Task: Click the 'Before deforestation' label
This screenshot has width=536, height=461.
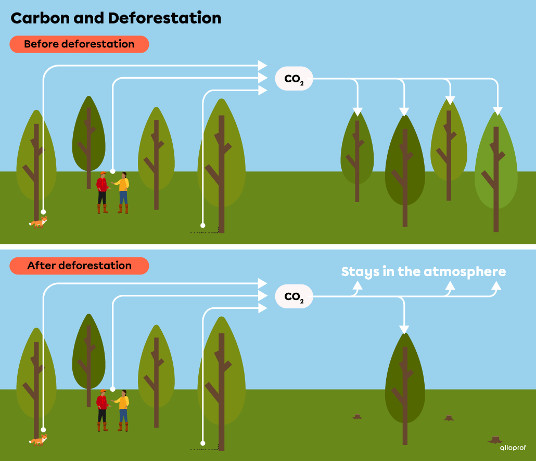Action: pyautogui.click(x=79, y=44)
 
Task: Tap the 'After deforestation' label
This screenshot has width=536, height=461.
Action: pyautogui.click(x=79, y=266)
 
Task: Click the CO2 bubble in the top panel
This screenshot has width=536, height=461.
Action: pyautogui.click(x=293, y=79)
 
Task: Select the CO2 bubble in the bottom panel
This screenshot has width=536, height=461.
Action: pyautogui.click(x=293, y=297)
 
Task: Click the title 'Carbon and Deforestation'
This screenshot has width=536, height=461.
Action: pyautogui.click(x=116, y=18)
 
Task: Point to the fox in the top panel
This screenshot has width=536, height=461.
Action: pyautogui.click(x=38, y=223)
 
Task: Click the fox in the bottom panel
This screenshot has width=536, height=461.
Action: pyautogui.click(x=38, y=441)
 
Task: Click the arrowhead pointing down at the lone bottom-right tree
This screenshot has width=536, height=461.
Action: pyautogui.click(x=404, y=329)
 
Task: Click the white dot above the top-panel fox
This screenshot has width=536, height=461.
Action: pyautogui.click(x=44, y=212)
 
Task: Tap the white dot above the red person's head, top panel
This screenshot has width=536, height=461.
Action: pyautogui.click(x=113, y=170)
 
